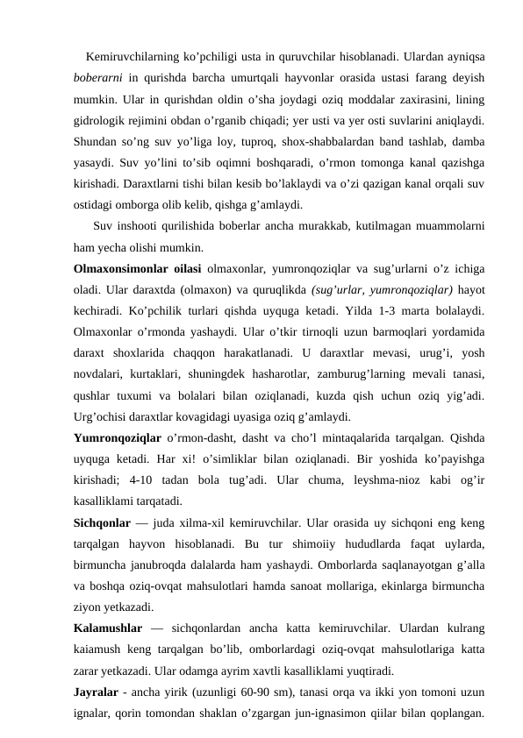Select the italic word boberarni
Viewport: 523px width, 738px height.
102,77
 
